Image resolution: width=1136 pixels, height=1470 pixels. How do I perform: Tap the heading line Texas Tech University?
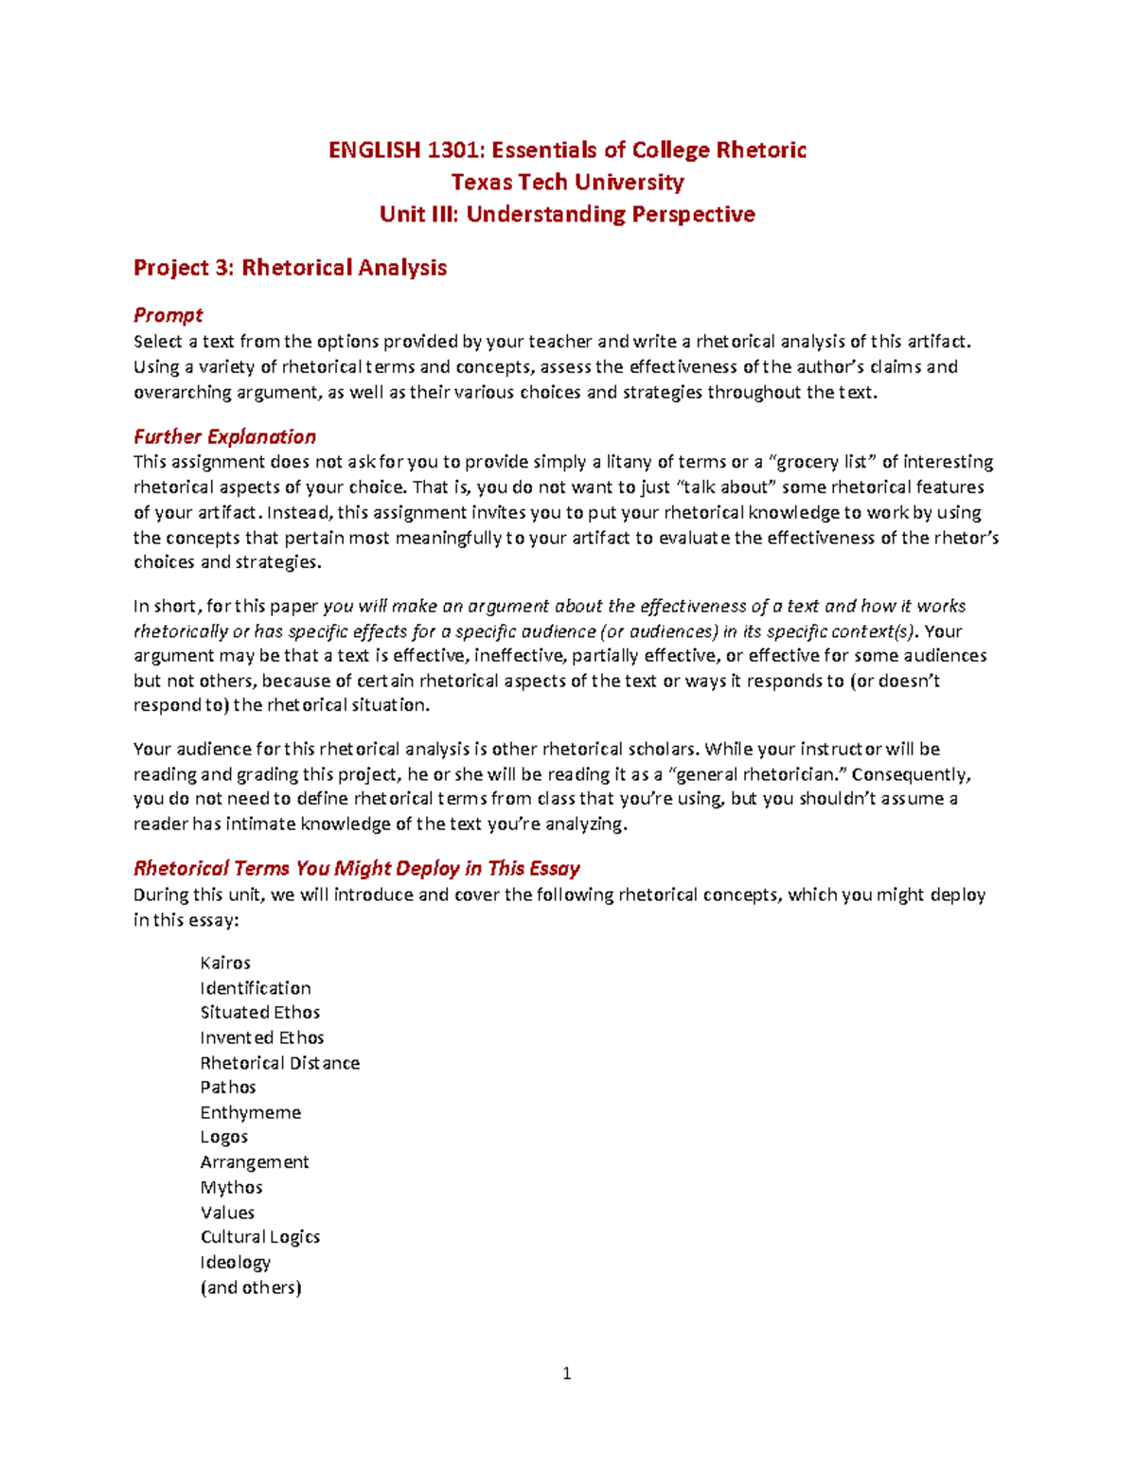click(x=567, y=182)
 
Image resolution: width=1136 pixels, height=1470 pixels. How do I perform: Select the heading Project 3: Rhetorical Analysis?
click(x=290, y=268)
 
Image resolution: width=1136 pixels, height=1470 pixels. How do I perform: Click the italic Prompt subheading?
click(x=168, y=315)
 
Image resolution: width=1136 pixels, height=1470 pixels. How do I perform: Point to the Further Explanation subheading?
click(x=224, y=436)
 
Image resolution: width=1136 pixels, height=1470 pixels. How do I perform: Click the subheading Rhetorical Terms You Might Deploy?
click(x=356, y=868)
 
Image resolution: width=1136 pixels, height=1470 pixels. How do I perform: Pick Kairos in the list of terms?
click(x=225, y=963)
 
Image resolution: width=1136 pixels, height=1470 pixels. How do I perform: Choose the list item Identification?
click(x=256, y=987)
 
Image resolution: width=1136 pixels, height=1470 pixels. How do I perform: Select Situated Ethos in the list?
click(x=260, y=1012)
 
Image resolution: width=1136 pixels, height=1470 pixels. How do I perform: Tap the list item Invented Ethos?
click(x=262, y=1037)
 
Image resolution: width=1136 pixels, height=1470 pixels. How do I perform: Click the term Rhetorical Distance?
click(x=280, y=1063)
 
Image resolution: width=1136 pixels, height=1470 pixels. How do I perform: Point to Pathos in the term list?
click(x=228, y=1087)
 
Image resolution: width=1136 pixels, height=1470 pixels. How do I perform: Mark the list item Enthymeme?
click(x=251, y=1112)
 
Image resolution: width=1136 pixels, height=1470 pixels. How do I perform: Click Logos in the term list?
click(x=224, y=1137)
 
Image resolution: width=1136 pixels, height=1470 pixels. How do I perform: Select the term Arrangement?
click(x=255, y=1161)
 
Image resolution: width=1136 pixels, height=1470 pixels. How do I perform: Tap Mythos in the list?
click(x=231, y=1187)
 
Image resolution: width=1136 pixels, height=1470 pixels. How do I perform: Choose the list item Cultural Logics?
click(x=260, y=1236)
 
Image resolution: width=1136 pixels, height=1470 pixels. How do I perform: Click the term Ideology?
click(x=236, y=1262)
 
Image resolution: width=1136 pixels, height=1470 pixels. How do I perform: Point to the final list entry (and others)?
click(x=251, y=1287)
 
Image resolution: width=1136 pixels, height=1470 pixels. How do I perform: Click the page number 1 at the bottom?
click(x=567, y=1373)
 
